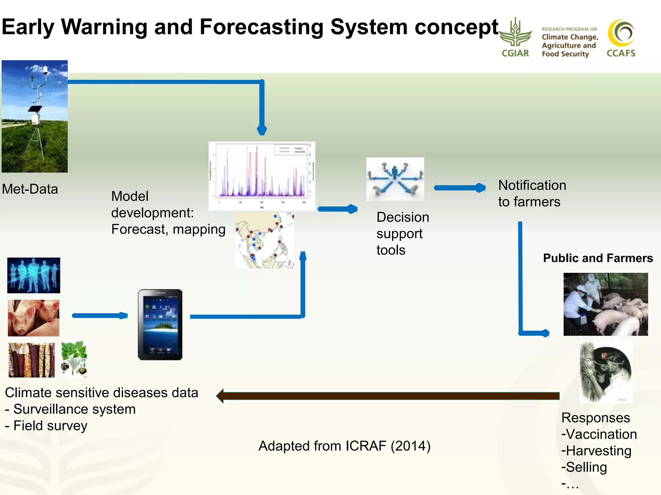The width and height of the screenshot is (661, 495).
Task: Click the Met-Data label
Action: [30, 189]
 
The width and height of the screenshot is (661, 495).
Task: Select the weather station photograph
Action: [35, 116]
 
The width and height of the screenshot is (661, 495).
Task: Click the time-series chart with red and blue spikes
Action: [262, 176]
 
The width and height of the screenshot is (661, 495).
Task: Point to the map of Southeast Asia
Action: [265, 240]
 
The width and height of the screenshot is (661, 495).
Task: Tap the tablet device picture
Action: [160, 325]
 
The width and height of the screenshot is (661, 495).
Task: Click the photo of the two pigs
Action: [34, 318]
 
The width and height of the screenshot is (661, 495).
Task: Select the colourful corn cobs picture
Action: [31, 360]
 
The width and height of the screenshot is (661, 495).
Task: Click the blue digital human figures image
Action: [34, 275]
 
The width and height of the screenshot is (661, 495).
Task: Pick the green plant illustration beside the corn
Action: [74, 359]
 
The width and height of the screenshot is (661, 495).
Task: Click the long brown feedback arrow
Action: [387, 396]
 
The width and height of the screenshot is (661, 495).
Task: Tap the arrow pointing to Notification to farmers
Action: [460, 188]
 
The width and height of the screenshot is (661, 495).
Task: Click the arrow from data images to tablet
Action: [100, 315]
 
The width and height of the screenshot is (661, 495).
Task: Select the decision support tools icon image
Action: [395, 179]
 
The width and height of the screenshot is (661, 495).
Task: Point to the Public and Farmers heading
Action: [598, 258]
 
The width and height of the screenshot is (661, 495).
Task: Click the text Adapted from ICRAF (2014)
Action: [344, 446]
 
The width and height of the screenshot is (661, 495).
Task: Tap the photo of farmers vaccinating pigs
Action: [605, 304]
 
